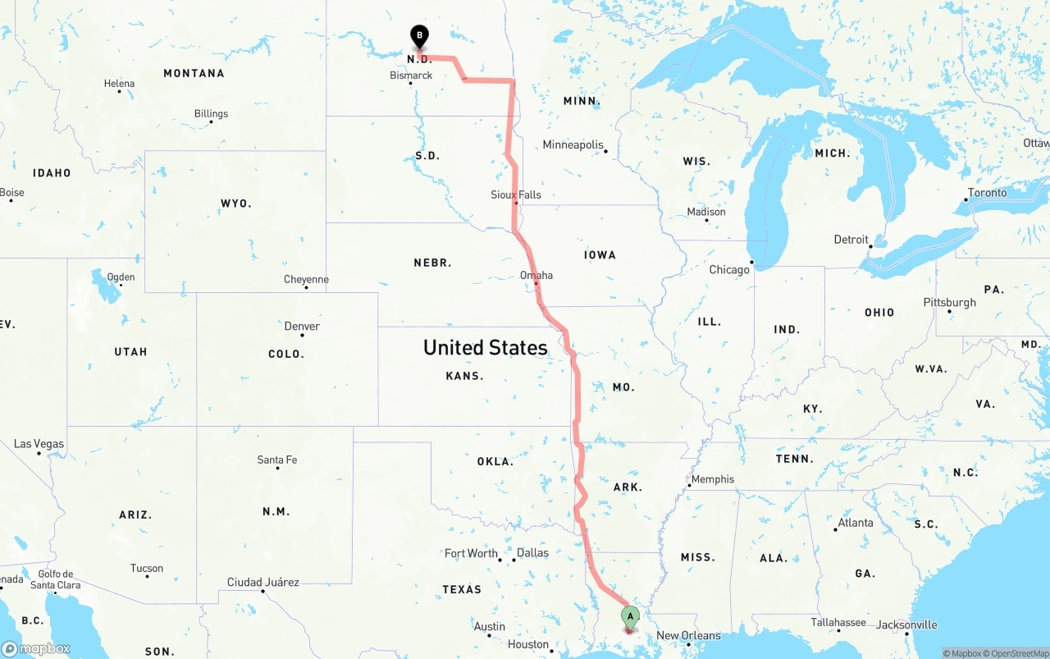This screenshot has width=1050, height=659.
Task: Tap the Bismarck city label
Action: [411, 76]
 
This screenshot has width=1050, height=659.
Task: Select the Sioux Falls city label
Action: [516, 194]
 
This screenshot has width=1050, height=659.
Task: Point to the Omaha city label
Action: [536, 275]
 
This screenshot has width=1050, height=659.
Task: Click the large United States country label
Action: [485, 347]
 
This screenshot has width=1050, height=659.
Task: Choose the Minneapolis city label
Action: [573, 144]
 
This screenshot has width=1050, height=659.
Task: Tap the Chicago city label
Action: [729, 269]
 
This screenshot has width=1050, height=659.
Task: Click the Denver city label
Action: [302, 326]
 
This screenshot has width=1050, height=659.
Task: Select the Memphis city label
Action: [713, 479]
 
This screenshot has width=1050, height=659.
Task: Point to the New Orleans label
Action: [688, 635]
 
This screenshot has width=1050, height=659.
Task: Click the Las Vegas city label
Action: [39, 444]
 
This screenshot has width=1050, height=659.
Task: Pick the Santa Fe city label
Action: [277, 460]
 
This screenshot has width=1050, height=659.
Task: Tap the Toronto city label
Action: [987, 193]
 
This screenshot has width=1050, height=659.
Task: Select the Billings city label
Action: [211, 113]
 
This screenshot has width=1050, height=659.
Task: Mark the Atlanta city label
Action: [856, 523]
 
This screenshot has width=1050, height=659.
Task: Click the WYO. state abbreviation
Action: [236, 203]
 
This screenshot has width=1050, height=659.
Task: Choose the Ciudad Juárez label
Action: [262, 583]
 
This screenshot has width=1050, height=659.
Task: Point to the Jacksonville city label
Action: [906, 625]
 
